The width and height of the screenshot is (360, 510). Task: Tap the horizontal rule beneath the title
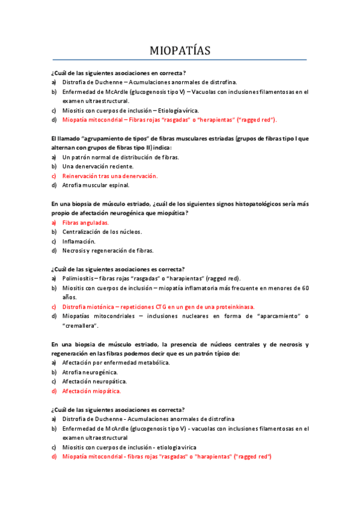point(180,60)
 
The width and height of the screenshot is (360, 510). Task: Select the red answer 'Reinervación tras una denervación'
point(109,176)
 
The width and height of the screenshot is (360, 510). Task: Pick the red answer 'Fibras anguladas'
point(85,223)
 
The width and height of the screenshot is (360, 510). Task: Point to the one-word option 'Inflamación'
point(79,241)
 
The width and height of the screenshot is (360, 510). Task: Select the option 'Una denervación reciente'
point(97,166)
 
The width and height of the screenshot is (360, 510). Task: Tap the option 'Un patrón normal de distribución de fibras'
point(120,157)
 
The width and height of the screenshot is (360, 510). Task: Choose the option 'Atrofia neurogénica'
point(90,372)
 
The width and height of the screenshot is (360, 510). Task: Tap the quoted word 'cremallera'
point(80,325)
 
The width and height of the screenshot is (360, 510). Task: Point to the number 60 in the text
point(305,288)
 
